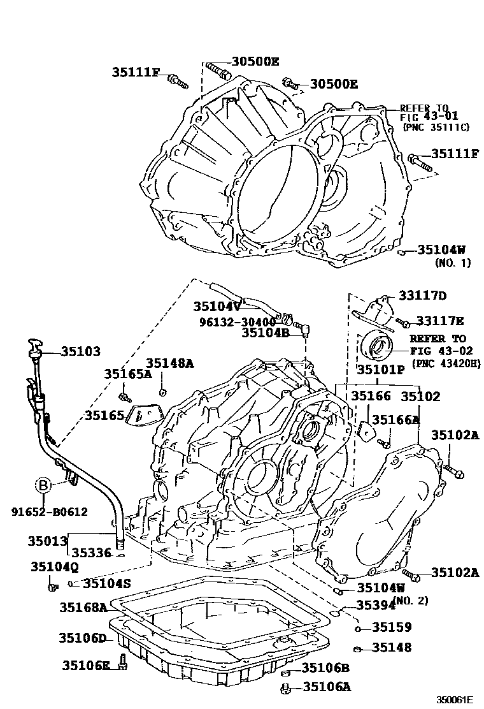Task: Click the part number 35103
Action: tap(81, 351)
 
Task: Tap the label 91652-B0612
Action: tap(48, 511)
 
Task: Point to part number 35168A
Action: tap(83, 607)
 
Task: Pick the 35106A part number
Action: tap(327, 687)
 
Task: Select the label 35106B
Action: tap(325, 668)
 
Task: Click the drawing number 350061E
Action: tap(455, 699)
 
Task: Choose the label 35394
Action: tap(376, 605)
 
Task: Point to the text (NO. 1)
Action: tap(453, 263)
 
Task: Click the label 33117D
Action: tap(423, 295)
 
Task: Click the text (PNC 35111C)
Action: tap(436, 128)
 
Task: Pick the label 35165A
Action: tap(128, 374)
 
